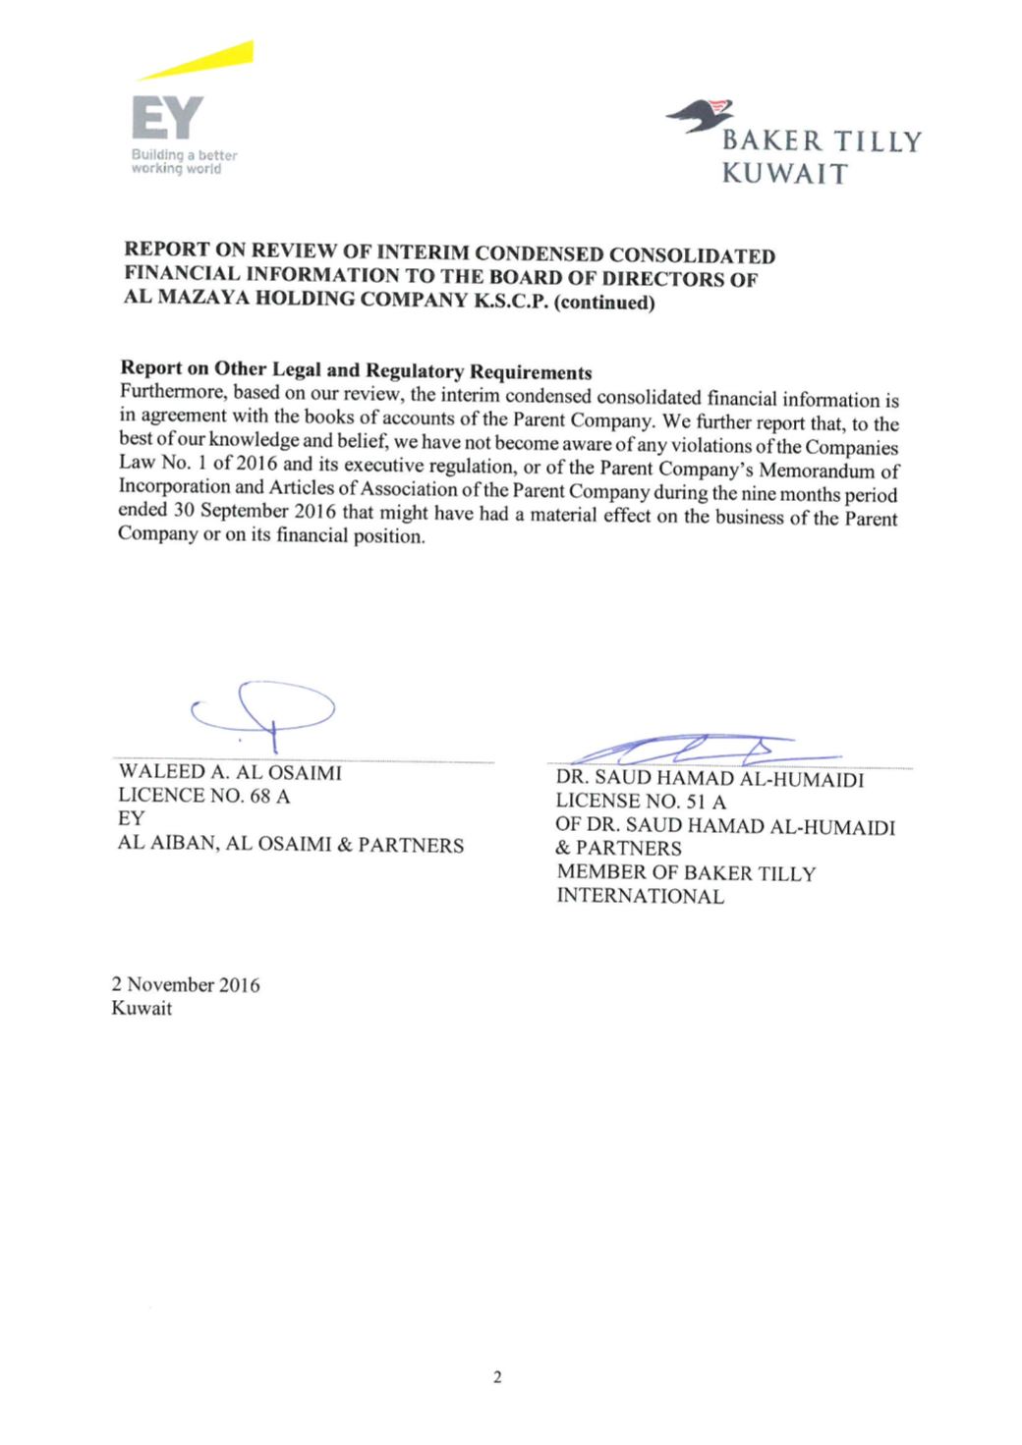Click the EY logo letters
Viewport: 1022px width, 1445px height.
point(167,119)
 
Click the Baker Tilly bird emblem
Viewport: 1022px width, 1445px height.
point(701,115)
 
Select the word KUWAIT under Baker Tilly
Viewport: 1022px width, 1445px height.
point(784,175)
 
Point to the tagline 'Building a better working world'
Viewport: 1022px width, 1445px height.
point(184,162)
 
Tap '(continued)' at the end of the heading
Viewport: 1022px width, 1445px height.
point(604,302)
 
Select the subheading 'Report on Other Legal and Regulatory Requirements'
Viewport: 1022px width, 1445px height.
point(356,370)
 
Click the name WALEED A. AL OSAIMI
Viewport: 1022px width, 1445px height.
point(230,773)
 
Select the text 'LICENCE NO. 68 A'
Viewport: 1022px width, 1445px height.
point(203,796)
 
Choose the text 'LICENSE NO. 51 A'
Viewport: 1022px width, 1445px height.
point(641,803)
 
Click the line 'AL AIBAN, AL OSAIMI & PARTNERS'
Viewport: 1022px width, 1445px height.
point(291,845)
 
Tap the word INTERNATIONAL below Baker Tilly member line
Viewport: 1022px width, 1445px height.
point(641,896)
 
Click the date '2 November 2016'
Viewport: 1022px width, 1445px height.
point(186,984)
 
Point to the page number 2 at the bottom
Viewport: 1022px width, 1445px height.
point(497,1377)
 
